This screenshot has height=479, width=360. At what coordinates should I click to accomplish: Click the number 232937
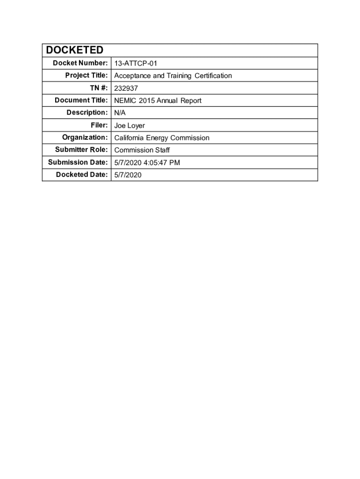[126, 88]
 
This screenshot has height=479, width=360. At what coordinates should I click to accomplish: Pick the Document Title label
[81, 100]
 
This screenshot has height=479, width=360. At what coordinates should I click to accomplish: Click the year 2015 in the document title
[148, 101]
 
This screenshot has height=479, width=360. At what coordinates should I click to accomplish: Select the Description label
[87, 113]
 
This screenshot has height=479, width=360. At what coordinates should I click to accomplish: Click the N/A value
[120, 113]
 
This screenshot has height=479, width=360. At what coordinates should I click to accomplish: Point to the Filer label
[100, 125]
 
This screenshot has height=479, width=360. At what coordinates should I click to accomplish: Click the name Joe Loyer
[130, 125]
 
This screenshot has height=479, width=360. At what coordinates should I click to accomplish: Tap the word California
[130, 138]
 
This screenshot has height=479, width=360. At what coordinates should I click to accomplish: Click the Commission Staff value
[142, 150]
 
